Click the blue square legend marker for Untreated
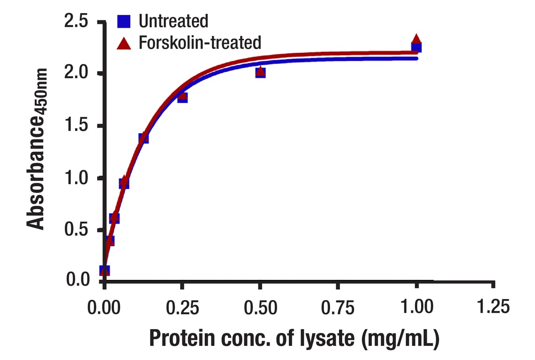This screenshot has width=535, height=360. point(124,21)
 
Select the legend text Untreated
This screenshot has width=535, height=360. point(173,21)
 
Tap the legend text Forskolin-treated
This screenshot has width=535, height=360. point(200,43)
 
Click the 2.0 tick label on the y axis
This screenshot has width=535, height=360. point(76,74)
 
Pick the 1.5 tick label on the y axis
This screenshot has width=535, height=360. point(76,126)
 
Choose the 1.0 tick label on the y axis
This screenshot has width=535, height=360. point(76,178)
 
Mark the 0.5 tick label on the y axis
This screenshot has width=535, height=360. point(76,230)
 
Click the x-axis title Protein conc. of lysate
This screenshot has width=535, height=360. point(294,338)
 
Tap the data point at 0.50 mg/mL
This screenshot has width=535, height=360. point(260,72)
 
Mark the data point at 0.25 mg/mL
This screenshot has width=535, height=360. point(182,97)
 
